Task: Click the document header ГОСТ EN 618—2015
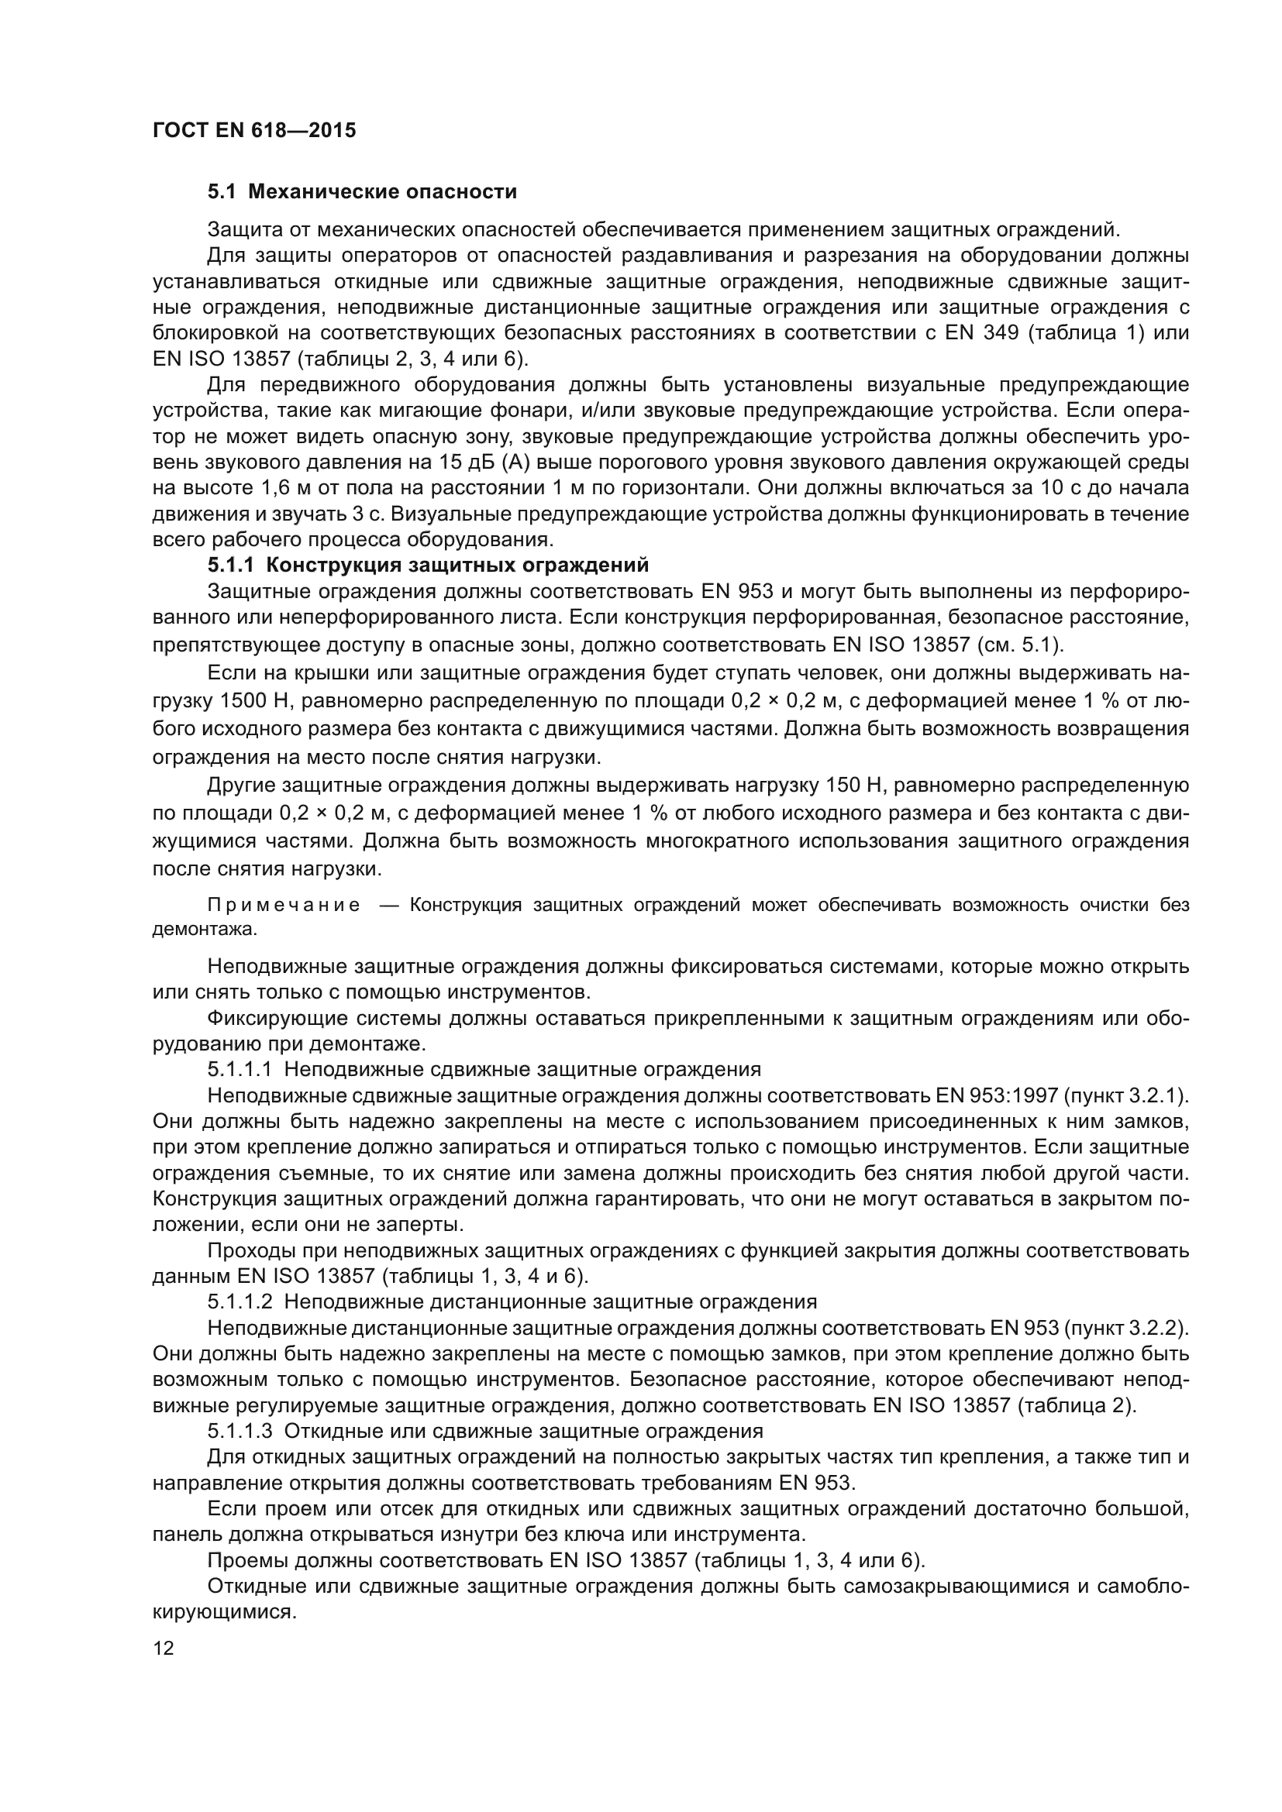(x=253, y=130)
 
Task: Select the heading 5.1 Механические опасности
(x=362, y=192)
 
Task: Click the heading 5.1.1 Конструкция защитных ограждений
(x=428, y=565)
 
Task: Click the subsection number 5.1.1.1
(x=240, y=1069)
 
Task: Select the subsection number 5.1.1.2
(x=240, y=1301)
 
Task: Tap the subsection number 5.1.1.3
(x=240, y=1431)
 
